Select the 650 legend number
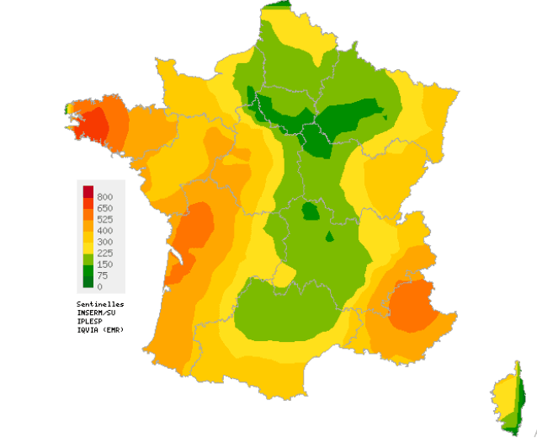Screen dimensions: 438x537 [x=105, y=208]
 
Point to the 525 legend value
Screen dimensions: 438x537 [x=105, y=219]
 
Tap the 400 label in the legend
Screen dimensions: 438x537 [x=105, y=230]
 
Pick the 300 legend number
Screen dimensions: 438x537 [x=105, y=242]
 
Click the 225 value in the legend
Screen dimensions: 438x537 [x=105, y=253]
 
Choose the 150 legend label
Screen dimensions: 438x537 [x=105, y=264]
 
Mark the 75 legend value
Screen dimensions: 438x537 [x=103, y=275]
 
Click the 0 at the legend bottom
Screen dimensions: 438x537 [x=99, y=286]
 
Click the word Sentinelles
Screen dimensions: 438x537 [x=100, y=303]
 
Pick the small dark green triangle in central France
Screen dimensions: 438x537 [x=330, y=235]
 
